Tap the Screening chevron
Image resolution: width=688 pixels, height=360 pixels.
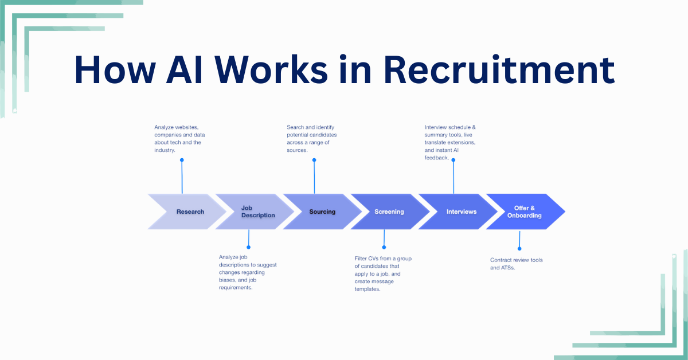(x=389, y=212)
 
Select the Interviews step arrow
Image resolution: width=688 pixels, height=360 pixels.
(x=461, y=212)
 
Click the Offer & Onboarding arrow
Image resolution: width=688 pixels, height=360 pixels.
(x=523, y=212)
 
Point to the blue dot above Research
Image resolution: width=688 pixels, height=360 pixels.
(x=182, y=160)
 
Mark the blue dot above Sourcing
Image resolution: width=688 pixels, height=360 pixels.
(x=314, y=160)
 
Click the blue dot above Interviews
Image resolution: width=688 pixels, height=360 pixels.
(x=454, y=160)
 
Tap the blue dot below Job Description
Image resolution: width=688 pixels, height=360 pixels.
(x=248, y=248)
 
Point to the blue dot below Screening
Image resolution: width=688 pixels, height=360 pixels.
(x=384, y=248)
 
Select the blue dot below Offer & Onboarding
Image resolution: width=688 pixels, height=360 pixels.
(x=519, y=248)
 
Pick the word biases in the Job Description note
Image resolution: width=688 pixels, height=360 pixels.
(x=228, y=280)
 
